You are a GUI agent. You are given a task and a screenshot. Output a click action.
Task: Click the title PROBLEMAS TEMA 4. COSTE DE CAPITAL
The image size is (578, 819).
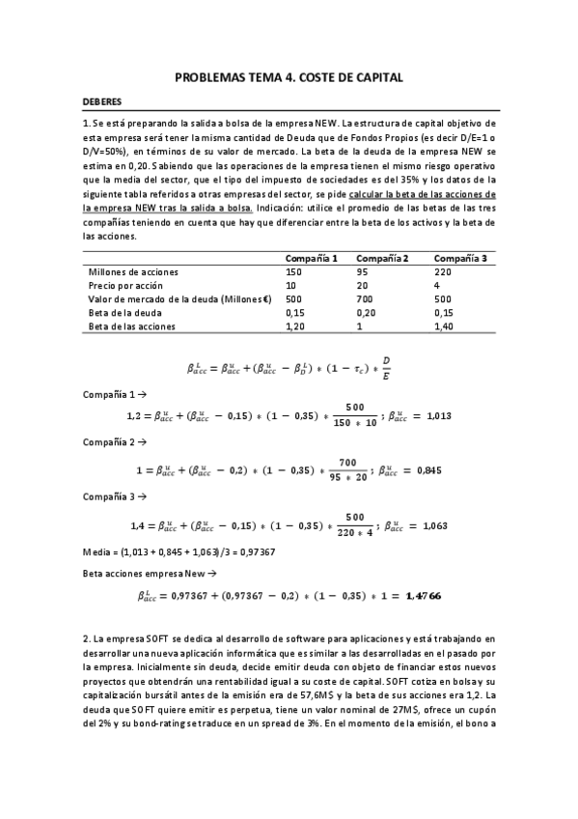pyautogui.click(x=289, y=76)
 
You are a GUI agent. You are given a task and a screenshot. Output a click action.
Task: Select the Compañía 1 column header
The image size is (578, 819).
pyautogui.click(x=312, y=258)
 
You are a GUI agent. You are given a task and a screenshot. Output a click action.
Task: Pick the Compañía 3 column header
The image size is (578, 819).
pyautogui.click(x=460, y=258)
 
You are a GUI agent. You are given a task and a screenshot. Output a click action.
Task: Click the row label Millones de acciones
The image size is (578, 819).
pyautogui.click(x=134, y=273)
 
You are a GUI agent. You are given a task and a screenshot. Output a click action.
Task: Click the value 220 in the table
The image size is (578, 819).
pyautogui.click(x=443, y=273)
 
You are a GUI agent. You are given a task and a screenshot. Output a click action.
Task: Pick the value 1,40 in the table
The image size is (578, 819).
pyautogui.click(x=445, y=327)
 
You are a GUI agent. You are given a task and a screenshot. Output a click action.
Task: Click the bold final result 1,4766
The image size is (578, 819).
pyautogui.click(x=423, y=597)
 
